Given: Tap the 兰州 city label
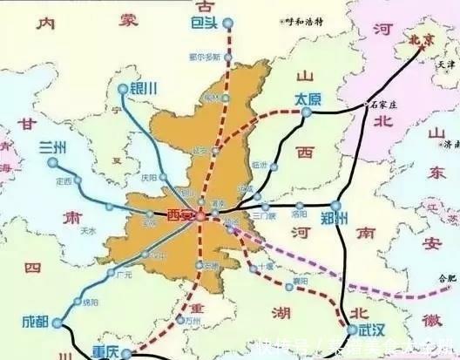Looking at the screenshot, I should click(x=53, y=148).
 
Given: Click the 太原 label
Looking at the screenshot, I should click(x=308, y=98).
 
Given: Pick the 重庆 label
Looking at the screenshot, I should click(x=103, y=353).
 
